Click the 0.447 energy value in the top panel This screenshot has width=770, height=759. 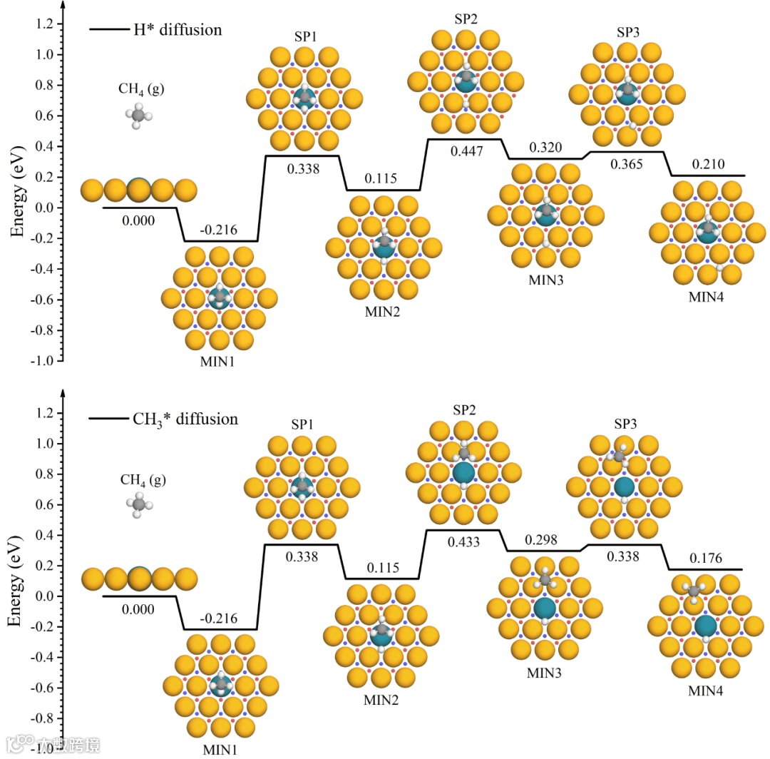466,151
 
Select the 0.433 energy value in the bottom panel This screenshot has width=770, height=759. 465,542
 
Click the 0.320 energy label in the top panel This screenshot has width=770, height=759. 545,148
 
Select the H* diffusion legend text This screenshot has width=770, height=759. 178,30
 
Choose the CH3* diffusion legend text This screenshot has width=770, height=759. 185,419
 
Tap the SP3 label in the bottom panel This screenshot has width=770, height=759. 625,424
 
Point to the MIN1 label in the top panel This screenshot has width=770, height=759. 219,361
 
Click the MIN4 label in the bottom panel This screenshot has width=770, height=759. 706,691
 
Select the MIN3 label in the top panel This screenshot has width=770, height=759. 546,280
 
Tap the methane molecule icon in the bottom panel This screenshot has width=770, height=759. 139,504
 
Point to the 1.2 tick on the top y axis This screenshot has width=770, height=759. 44,25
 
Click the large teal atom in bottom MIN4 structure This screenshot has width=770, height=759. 705,626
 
